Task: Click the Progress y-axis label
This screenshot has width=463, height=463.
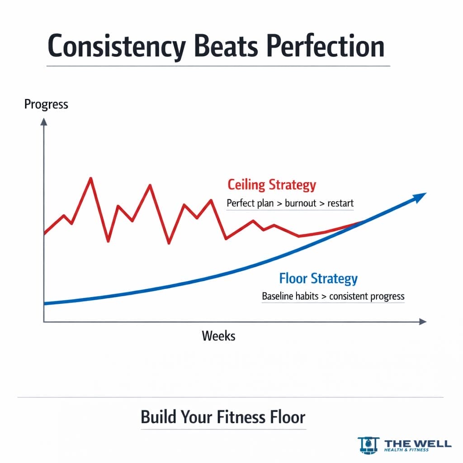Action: pyautogui.click(x=46, y=104)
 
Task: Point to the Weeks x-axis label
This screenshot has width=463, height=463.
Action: pyautogui.click(x=218, y=336)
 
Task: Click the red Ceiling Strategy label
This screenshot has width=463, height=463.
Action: pyautogui.click(x=272, y=185)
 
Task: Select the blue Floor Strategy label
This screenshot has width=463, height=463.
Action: pyautogui.click(x=318, y=278)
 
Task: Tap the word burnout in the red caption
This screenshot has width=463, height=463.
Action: pyautogui.click(x=300, y=203)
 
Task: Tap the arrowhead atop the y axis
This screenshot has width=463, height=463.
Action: pyautogui.click(x=44, y=121)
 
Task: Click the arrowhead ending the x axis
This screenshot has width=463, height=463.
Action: pyautogui.click(x=423, y=321)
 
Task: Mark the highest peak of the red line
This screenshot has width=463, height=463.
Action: pyautogui.click(x=91, y=178)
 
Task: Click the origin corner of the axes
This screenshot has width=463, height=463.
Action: pyautogui.click(x=44, y=321)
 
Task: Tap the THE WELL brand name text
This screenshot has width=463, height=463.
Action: pyautogui.click(x=417, y=443)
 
